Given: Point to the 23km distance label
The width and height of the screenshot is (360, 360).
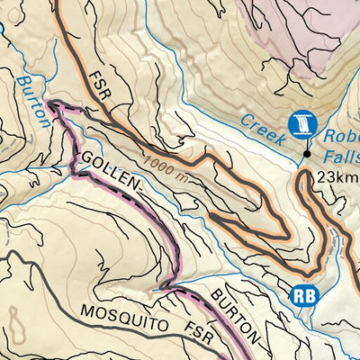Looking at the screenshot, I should pos(337,176).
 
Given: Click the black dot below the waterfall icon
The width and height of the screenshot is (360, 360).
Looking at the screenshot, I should pos(307,154).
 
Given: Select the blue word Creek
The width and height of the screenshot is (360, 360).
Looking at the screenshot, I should pos(264,130).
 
